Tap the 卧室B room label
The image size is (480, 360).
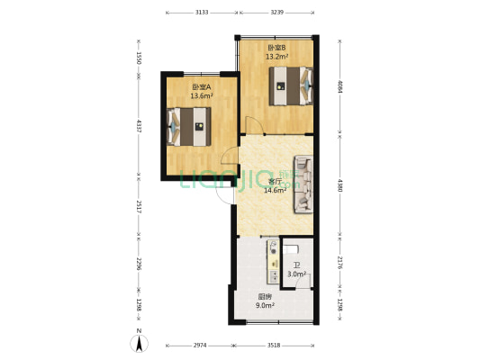pyautogui.click(x=276, y=47)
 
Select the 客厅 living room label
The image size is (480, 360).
pyautogui.click(x=275, y=181)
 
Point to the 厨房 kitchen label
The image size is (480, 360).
pyautogui.click(x=265, y=296)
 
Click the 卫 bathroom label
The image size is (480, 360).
pyautogui.click(x=296, y=265)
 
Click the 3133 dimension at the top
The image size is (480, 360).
pyautogui.click(x=202, y=13)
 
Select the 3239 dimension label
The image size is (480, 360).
pyautogui.click(x=276, y=13)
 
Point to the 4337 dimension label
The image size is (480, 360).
pyautogui.click(x=138, y=126)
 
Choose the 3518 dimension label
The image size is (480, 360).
pyautogui.click(x=275, y=345)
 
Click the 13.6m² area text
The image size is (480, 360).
pyautogui.click(x=201, y=95)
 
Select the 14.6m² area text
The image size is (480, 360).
pyautogui.click(x=275, y=190)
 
